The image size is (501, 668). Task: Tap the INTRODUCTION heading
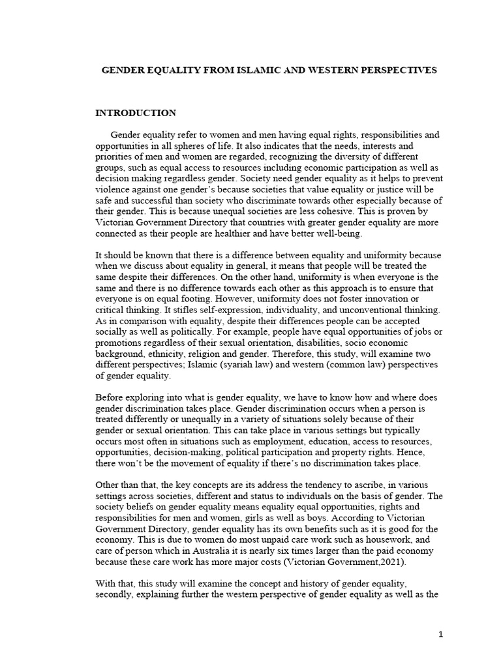tap(136, 113)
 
